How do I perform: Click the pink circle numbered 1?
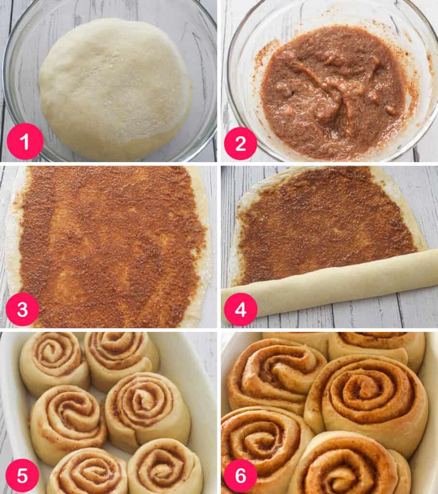tap(25, 141)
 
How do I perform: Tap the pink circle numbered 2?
tap(240, 144)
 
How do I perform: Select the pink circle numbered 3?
tap(22, 309)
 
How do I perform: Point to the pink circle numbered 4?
tap(240, 309)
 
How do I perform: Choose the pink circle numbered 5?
tap(22, 475)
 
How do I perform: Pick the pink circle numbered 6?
tap(240, 475)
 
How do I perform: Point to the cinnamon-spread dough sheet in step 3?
tap(109, 246)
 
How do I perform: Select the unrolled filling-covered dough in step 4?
tap(328, 220)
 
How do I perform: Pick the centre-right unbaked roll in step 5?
tap(148, 410)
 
